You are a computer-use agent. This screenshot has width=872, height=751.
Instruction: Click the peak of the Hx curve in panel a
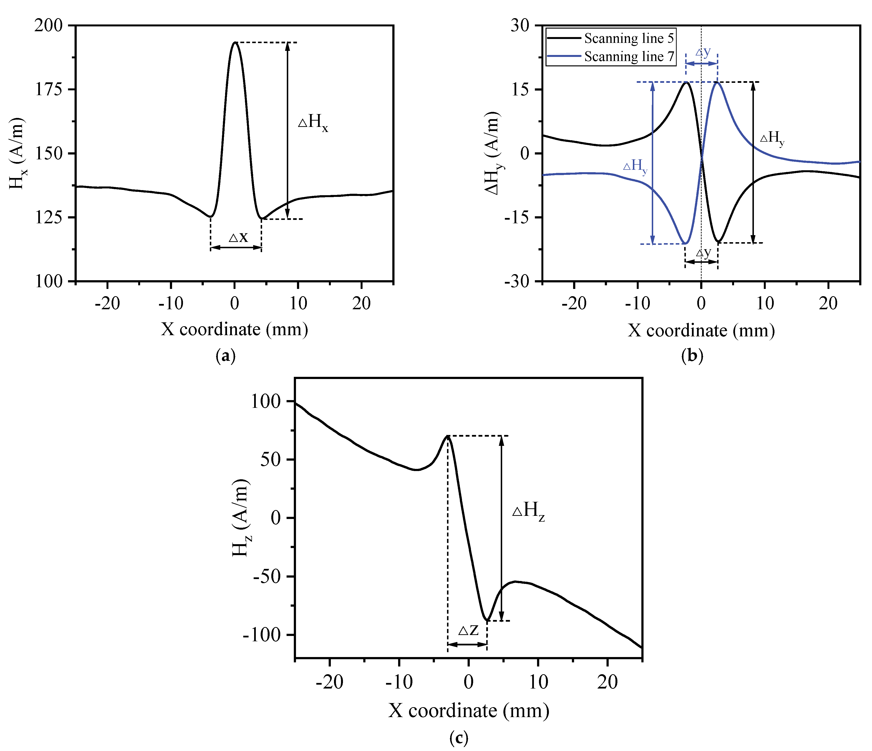pos(235,43)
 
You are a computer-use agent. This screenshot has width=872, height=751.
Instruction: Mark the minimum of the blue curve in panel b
pos(685,243)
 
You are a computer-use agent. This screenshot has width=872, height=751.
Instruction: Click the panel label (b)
pos(691,356)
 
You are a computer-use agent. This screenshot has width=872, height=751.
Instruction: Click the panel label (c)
pos(458,737)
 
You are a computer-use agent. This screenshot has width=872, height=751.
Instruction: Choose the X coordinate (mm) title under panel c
pos(468,711)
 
